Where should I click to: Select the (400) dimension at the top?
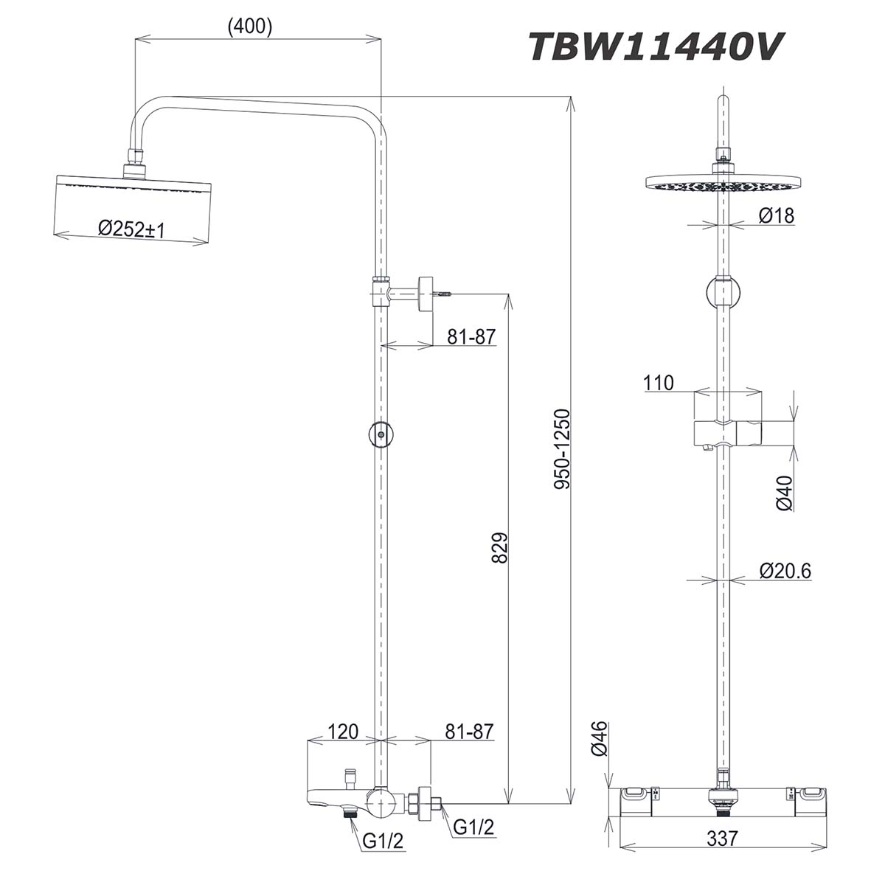[250, 27]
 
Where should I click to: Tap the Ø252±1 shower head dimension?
[131, 229]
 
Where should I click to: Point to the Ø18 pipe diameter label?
[776, 216]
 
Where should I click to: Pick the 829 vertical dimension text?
[499, 548]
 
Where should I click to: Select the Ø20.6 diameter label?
[784, 570]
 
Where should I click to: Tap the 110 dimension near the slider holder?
[659, 383]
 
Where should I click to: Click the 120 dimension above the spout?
[342, 732]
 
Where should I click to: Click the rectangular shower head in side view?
[133, 206]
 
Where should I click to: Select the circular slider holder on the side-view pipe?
[381, 434]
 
